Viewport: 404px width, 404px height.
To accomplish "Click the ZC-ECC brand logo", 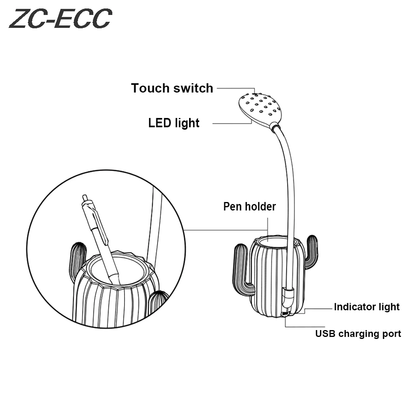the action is tap(60, 19).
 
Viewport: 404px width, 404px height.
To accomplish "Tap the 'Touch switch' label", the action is tap(172, 88).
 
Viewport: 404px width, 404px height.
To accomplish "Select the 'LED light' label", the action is tap(174, 122).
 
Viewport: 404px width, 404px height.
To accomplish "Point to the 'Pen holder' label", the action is tap(250, 206).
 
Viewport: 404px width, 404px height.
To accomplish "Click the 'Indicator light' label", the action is tap(366, 307).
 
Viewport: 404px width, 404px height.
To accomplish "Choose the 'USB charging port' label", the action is tap(358, 334).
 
